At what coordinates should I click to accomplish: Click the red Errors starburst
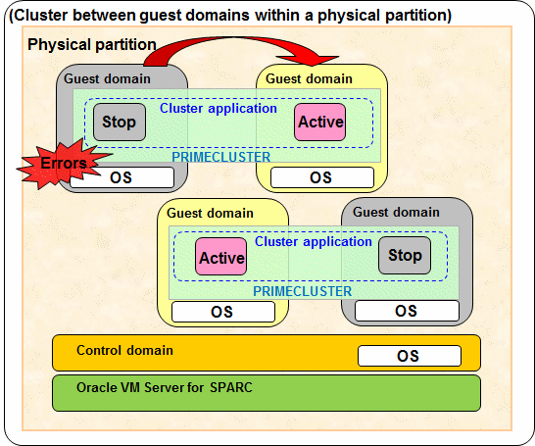click(x=62, y=164)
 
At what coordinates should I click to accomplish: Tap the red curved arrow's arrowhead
click(x=308, y=60)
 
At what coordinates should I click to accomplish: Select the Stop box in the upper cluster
click(x=120, y=123)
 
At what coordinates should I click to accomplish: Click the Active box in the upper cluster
click(x=320, y=123)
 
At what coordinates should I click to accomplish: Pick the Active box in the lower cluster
click(x=221, y=257)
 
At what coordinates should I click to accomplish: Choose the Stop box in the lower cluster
click(x=405, y=255)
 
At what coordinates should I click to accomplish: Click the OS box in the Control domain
click(x=410, y=356)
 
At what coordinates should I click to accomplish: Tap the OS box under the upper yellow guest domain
click(x=322, y=177)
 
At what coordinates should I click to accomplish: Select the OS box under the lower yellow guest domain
click(x=223, y=312)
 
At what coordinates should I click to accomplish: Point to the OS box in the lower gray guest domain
click(x=407, y=311)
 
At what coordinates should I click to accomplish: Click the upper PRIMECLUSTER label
click(x=221, y=157)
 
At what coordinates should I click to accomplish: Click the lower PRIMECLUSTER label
click(x=303, y=291)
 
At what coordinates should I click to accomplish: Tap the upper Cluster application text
click(x=219, y=109)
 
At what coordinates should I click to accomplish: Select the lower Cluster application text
click(x=314, y=241)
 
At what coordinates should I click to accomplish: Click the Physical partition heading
click(x=92, y=45)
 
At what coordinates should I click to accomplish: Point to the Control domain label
click(x=124, y=351)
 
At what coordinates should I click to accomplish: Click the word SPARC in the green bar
click(x=231, y=387)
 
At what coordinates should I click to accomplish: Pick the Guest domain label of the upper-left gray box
click(x=107, y=78)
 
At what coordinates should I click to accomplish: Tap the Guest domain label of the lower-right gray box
click(x=396, y=213)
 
